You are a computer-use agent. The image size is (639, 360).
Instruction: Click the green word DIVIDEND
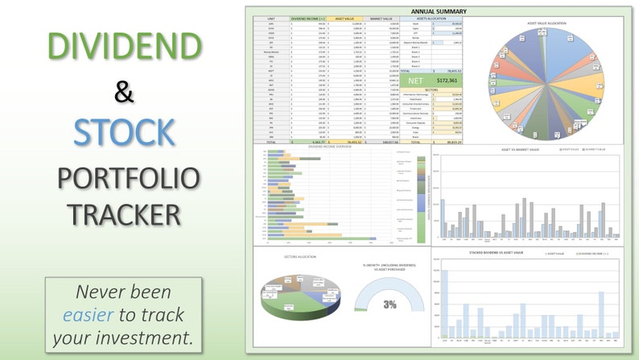(122, 47)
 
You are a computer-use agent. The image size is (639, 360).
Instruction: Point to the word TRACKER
(123, 215)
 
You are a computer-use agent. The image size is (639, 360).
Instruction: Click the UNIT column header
(271, 19)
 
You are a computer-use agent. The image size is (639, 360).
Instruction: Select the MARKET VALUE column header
(381, 19)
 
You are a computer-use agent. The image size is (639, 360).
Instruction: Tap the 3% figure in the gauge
(389, 305)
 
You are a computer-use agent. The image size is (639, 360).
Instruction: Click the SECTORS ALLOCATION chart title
(299, 257)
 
